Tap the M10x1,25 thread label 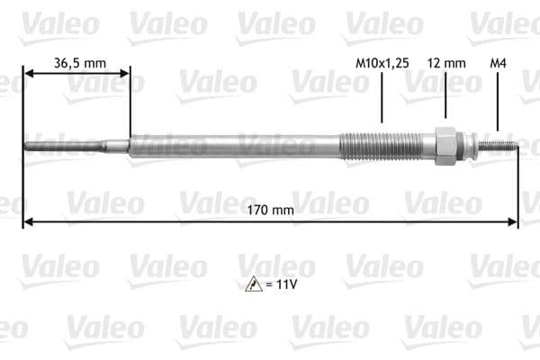(x=382, y=63)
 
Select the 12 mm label (x=446, y=63)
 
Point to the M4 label (x=497, y=63)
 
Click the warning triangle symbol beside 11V (x=253, y=284)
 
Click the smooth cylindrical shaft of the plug (x=234, y=146)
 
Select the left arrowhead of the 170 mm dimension (x=28, y=220)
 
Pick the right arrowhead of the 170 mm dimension (x=514, y=220)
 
